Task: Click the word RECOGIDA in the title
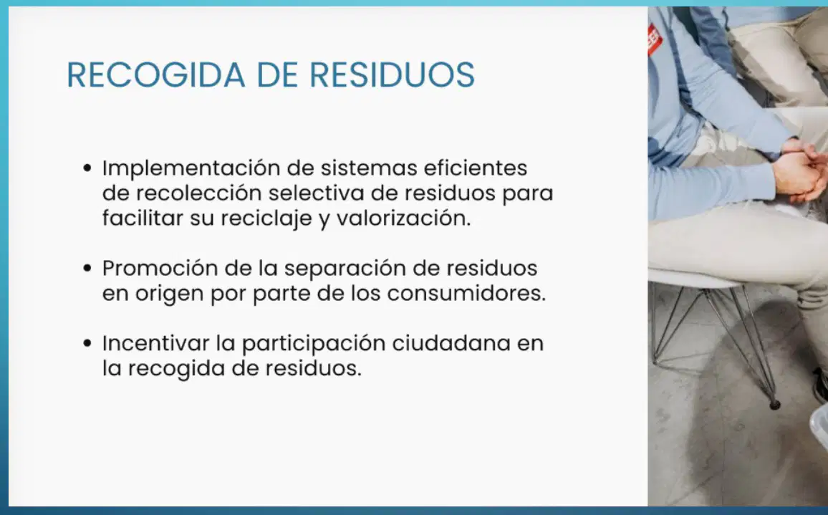[x=155, y=74]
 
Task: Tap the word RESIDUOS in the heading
[x=392, y=74]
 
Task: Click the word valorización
[x=403, y=218]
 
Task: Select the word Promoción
[x=160, y=269]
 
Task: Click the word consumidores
[x=466, y=294]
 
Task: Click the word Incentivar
[x=155, y=343]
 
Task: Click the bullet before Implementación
[x=87, y=168]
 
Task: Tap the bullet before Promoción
[x=87, y=269]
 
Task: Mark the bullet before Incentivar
[x=87, y=343]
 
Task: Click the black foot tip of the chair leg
[x=775, y=405]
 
